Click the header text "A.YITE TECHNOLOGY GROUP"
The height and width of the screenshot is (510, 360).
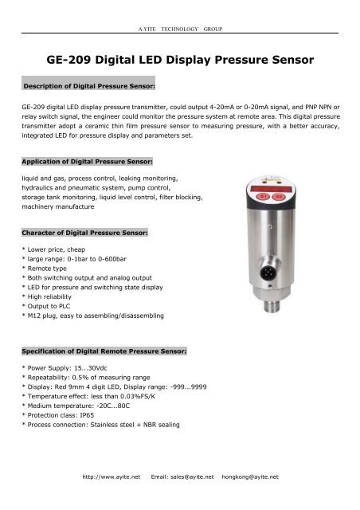tap(180, 29)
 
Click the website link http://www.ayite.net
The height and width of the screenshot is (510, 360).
tap(106, 477)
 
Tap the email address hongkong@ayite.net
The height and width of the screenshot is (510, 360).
tap(250, 477)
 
